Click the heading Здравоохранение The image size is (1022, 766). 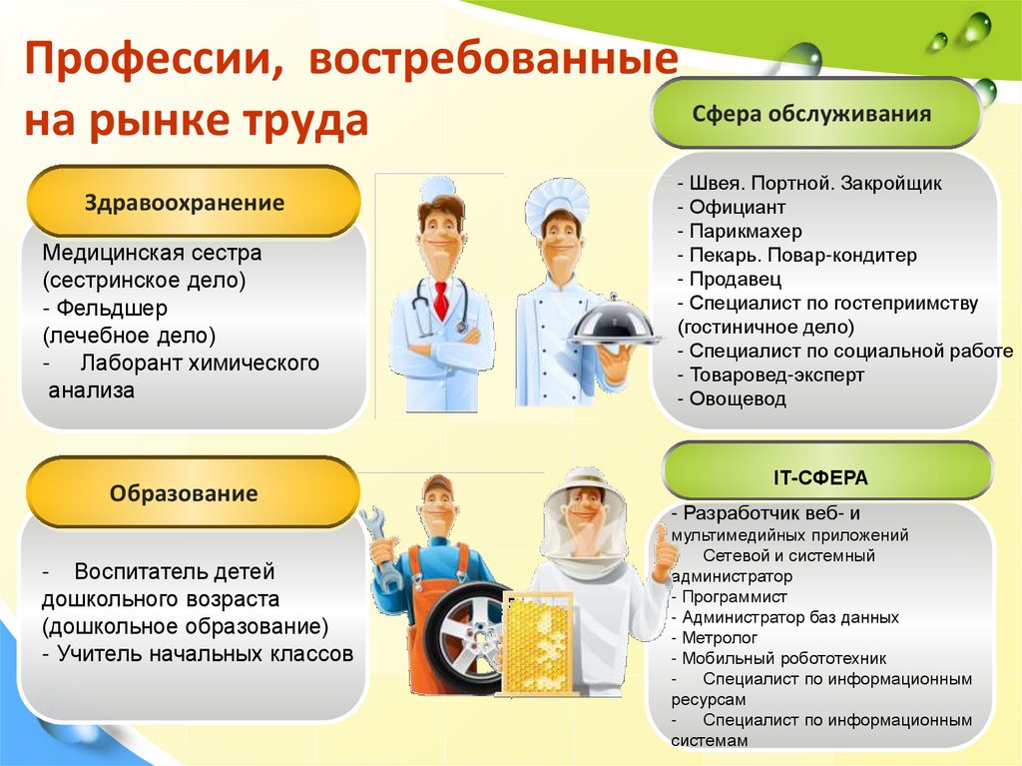[185, 203]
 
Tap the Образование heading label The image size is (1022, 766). [184, 493]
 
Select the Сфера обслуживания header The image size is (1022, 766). [810, 114]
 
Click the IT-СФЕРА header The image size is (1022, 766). [820, 477]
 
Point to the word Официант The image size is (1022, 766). [738, 208]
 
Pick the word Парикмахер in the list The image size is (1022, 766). [746, 232]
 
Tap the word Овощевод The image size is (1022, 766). [738, 398]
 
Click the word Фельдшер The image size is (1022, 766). [112, 308]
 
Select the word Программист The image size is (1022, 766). [735, 597]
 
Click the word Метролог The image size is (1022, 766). [720, 637]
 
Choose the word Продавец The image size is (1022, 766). [736, 280]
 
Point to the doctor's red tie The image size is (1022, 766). [441, 300]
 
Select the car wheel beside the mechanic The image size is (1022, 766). [467, 637]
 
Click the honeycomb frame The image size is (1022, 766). [538, 644]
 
